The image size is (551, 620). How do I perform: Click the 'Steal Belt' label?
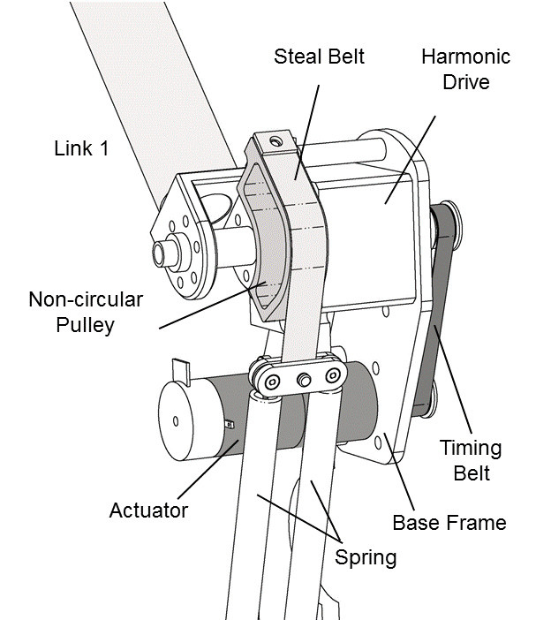tap(319, 57)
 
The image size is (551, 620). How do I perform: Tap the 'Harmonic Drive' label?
tap(465, 68)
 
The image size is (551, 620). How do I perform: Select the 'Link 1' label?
tap(81, 148)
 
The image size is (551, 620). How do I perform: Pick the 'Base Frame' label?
tap(449, 522)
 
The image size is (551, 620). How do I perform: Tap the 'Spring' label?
tap(365, 556)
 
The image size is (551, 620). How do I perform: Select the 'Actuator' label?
tap(148, 510)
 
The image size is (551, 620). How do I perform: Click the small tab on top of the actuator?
tap(182, 368)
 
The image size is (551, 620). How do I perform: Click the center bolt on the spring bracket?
tap(306, 380)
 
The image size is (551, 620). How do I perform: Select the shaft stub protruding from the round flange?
tap(162, 252)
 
